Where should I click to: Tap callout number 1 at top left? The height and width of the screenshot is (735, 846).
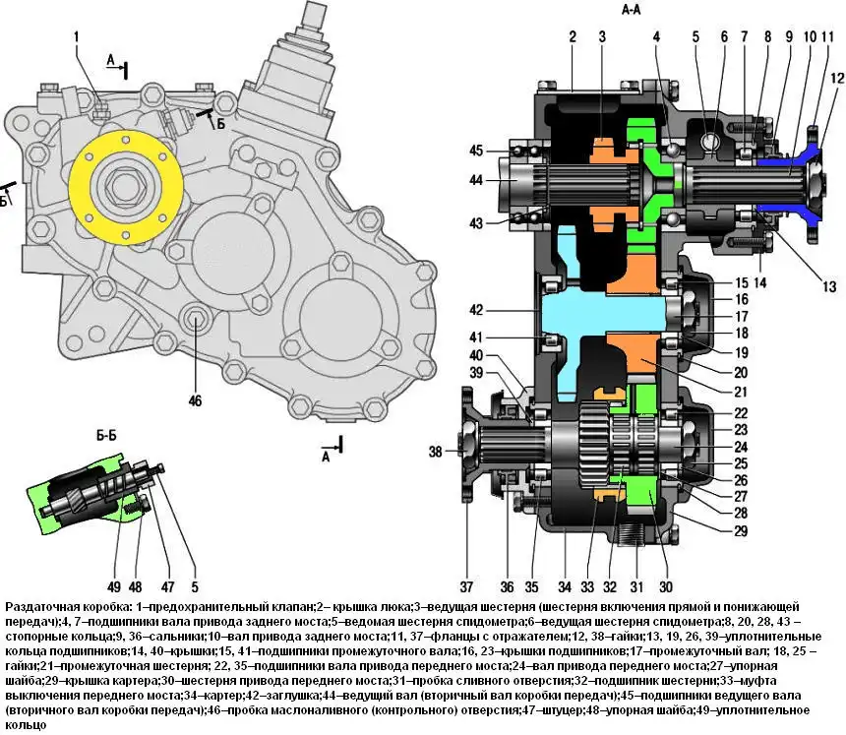[75, 38]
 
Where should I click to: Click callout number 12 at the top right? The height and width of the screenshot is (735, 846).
[836, 78]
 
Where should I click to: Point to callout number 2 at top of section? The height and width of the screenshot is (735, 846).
[572, 37]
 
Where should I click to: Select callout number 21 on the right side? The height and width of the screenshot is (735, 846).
[740, 392]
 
